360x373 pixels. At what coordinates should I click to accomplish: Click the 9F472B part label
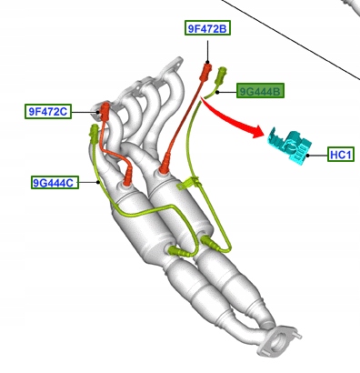tap(207, 29)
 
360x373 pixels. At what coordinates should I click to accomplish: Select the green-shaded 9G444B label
tap(261, 91)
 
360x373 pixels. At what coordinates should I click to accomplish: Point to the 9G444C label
tap(54, 182)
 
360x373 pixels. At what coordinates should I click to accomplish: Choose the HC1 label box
tap(340, 155)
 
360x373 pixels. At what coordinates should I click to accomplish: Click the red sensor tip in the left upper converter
tap(131, 173)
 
